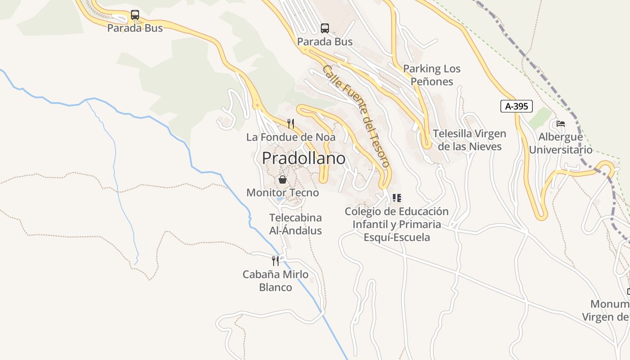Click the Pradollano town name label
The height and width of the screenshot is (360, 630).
304,158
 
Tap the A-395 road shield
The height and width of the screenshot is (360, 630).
516,106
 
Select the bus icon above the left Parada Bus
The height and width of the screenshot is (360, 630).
135,15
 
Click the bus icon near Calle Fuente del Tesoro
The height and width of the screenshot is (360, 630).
325,28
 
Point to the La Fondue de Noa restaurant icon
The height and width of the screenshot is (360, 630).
291,123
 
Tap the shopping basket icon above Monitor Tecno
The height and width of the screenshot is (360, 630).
283,180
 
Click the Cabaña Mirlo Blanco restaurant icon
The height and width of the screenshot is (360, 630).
275,261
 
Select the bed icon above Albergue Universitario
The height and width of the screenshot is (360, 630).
560,123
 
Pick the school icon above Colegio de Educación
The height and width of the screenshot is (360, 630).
396,198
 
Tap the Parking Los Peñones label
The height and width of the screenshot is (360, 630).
432,75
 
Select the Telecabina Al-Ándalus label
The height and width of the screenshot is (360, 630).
296,224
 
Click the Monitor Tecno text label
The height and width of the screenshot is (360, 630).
283,193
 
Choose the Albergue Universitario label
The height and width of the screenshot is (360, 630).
561,144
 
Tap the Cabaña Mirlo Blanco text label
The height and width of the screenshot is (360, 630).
275,281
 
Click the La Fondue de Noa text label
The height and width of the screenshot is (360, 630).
291,137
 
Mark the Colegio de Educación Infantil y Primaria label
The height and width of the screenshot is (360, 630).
396,224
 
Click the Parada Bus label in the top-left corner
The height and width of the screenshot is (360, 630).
135,28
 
